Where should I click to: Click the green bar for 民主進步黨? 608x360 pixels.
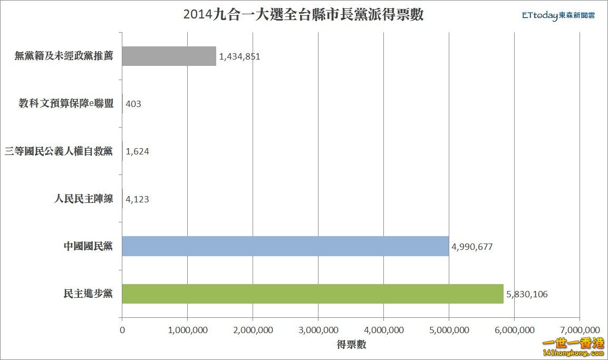tap(312, 294)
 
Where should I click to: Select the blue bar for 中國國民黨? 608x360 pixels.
tap(285, 246)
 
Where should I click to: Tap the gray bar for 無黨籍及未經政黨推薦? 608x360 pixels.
tap(169, 56)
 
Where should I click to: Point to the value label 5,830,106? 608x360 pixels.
tap(527, 294)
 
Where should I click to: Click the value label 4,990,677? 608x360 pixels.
tap(472, 246)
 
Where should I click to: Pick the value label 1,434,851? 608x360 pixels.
tap(239, 56)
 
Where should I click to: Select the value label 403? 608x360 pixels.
tap(133, 104)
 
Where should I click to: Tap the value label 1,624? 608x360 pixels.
tap(137, 151)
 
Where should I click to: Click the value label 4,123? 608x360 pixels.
tap(137, 199)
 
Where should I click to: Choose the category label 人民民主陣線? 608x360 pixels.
tap(83, 199)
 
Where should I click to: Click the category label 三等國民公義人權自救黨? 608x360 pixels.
tap(59, 151)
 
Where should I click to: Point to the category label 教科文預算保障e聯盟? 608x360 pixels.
tap(66, 104)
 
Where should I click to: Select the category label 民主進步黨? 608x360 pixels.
tap(88, 294)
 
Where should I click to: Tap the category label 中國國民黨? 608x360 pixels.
tap(88, 246)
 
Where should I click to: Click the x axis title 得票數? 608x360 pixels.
tap(351, 345)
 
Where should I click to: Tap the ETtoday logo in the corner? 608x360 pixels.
tap(558, 16)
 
